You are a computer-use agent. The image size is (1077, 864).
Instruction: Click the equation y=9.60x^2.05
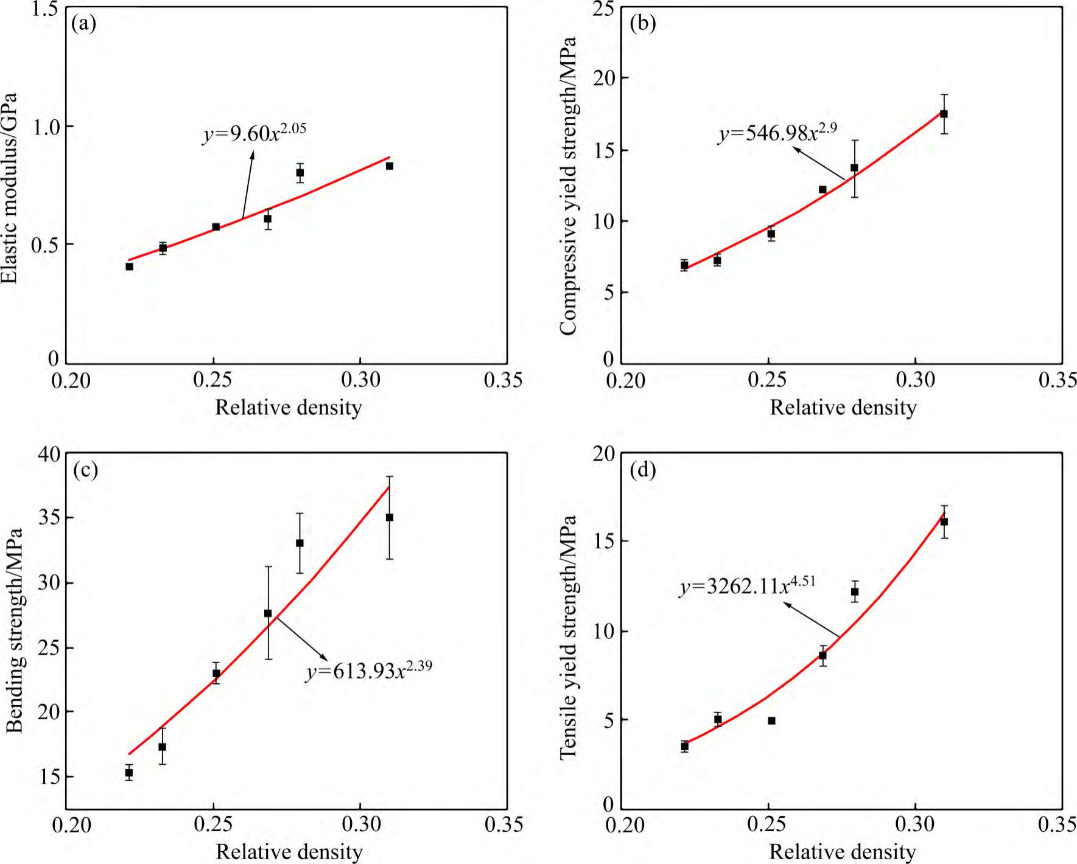pos(254,133)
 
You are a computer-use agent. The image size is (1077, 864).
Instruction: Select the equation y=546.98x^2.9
pos(777,132)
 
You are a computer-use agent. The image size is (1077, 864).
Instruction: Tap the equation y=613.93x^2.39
pos(369,670)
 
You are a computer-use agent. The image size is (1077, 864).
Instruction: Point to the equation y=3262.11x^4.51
pos(747,585)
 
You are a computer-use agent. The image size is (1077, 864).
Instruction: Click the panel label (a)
pos(84,24)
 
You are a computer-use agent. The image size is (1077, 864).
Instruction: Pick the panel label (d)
pos(643,470)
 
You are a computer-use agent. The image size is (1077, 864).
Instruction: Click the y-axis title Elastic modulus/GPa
pos(10,188)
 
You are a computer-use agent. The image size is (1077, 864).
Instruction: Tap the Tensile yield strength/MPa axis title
pos(567,636)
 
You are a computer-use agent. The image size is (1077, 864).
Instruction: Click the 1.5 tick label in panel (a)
pos(44,10)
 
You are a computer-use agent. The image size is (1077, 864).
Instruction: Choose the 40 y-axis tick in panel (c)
pos(49,454)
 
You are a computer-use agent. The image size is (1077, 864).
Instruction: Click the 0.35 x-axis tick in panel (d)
pos(1057,824)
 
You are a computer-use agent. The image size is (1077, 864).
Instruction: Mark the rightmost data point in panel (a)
pos(390,165)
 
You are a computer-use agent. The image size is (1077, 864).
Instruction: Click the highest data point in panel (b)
pos(944,114)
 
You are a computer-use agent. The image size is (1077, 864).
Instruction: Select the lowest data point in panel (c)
pos(129,773)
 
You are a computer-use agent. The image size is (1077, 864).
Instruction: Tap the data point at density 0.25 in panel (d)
pos(771,720)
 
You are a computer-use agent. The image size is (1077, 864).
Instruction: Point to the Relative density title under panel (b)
pos(843,407)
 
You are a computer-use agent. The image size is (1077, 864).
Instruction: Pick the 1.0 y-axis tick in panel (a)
pos(44,127)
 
